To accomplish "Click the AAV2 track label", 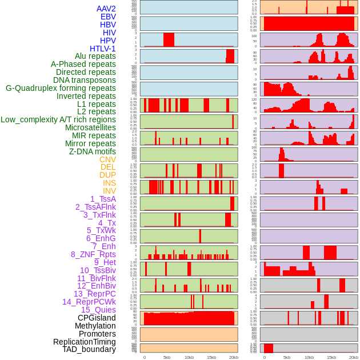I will [106, 9].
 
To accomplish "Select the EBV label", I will [107, 17].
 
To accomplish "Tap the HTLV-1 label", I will [102, 49].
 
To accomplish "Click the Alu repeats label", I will [95, 56].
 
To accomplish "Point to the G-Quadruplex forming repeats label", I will [61, 88].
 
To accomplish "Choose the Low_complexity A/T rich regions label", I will [58, 119].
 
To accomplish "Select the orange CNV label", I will [107, 159].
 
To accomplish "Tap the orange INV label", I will [109, 191].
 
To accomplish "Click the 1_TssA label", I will [103, 199].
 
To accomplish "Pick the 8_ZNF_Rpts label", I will [93, 254].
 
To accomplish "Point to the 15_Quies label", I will [98, 310].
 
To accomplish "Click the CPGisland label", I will [97, 318].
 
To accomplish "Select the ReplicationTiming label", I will [84, 342].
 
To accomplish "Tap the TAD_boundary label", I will [89, 349].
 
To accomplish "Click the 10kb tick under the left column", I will [189, 357].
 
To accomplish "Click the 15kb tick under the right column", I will [331, 357].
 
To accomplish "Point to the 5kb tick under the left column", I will [167, 357].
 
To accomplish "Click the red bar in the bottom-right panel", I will [268, 348].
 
